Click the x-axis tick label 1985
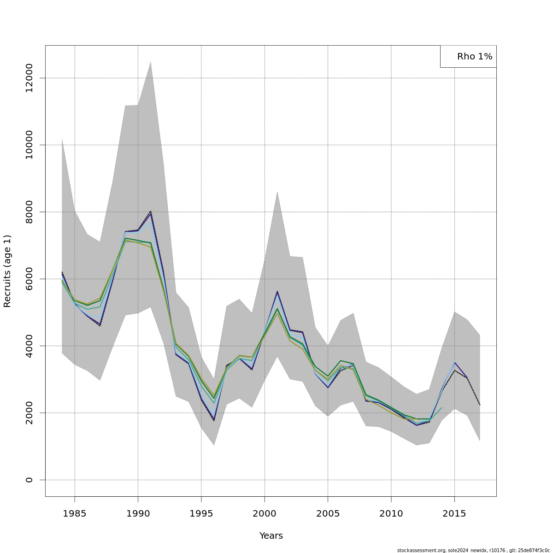[x=74, y=513]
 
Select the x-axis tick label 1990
[x=138, y=513]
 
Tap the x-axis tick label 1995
[x=201, y=513]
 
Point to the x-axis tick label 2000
[x=265, y=513]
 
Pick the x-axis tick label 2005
[x=328, y=513]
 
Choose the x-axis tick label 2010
[x=391, y=513]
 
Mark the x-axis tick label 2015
[x=454, y=513]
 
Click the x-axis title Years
[x=271, y=536]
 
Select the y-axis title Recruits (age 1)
[x=7, y=271]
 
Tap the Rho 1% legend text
[x=475, y=57]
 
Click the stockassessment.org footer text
[x=473, y=550]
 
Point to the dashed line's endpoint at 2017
[x=480, y=405]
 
